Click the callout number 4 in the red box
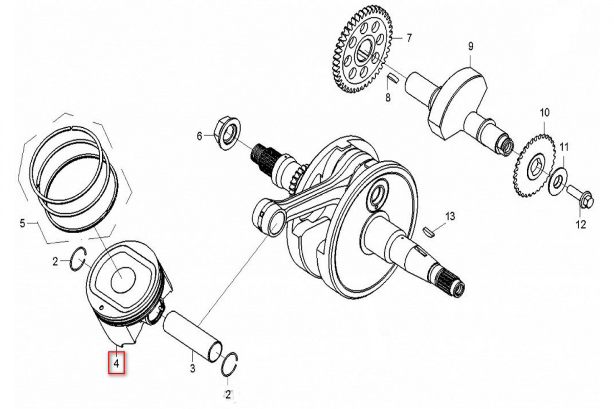tap(117, 364)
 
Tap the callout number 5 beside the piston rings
tap(23, 223)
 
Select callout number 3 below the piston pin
tap(193, 368)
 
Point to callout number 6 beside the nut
tap(200, 136)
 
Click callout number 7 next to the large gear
tap(409, 38)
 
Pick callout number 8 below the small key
tap(388, 97)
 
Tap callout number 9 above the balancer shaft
tap(470, 47)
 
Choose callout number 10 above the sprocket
tap(544, 112)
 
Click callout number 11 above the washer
tap(564, 147)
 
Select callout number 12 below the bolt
tap(581, 224)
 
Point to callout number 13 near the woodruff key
tap(450, 216)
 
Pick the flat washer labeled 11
tap(558, 181)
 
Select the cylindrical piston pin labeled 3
tap(192, 336)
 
